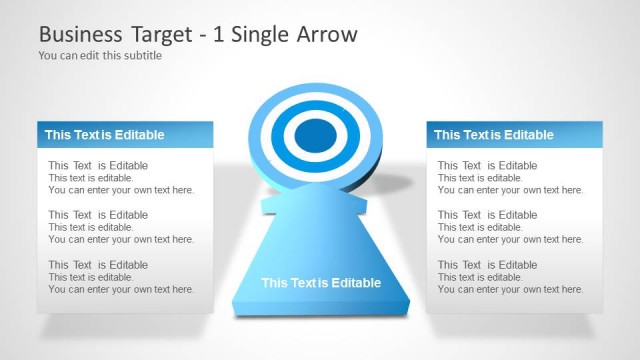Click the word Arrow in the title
pyautogui.click(x=326, y=34)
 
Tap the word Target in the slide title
pyautogui.click(x=164, y=34)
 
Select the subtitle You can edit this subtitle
pyautogui.click(x=100, y=56)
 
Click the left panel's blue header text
pyautogui.click(x=104, y=135)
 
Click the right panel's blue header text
pyautogui.click(x=493, y=135)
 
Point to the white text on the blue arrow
pyautogui.click(x=321, y=283)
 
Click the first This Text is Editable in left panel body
pyautogui.click(x=98, y=166)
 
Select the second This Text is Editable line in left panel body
pyautogui.click(x=98, y=215)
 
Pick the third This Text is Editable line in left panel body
pyautogui.click(x=98, y=265)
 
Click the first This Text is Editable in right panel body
pyautogui.click(x=487, y=166)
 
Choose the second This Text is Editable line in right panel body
pyautogui.click(x=487, y=215)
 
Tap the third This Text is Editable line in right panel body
pyautogui.click(x=487, y=265)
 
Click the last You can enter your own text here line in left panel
pyautogui.click(x=121, y=290)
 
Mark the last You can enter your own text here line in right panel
pyautogui.click(x=510, y=290)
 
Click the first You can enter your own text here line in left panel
pyautogui.click(x=121, y=190)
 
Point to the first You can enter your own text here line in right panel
pyautogui.click(x=510, y=190)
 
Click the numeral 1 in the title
pyautogui.click(x=219, y=34)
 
